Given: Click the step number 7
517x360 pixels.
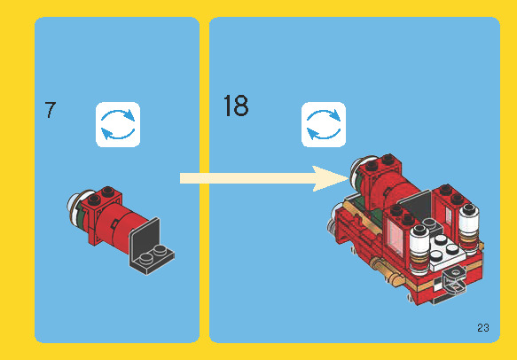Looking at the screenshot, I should (x=50, y=111).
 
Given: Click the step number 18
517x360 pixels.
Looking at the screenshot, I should (x=236, y=107).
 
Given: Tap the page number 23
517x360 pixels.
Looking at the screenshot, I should (x=482, y=328).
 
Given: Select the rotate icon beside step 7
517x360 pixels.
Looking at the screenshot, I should (x=118, y=124).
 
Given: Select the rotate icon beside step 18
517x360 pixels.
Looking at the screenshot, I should (x=324, y=124).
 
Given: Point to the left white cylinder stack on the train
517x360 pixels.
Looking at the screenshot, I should (x=419, y=237).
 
